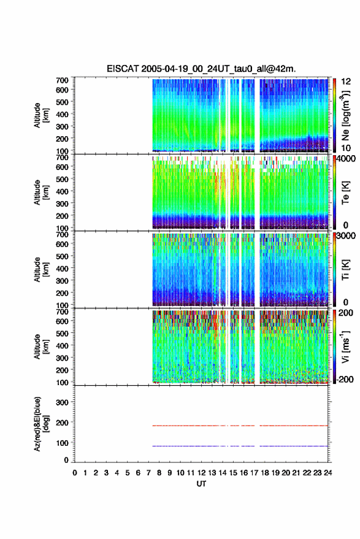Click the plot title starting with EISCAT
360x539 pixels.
coord(201,69)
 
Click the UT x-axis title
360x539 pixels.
coord(201,484)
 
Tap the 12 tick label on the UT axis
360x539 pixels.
coord(202,473)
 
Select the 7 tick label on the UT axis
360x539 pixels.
coord(148,473)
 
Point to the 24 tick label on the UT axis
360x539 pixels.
coord(328,473)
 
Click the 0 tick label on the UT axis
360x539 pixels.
coord(75,473)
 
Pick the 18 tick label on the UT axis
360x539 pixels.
coord(265,473)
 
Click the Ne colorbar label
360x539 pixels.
coord(345,115)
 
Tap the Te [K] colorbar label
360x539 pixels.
coord(345,193)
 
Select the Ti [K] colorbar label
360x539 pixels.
coord(345,270)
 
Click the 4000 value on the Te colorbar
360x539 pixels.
coord(347,159)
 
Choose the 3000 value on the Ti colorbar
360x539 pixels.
coord(347,236)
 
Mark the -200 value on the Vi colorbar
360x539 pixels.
coord(345,379)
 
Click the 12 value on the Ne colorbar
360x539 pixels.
coord(346,81)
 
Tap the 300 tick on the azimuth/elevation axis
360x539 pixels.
coord(62,402)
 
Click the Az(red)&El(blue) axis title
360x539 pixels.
coord(41,424)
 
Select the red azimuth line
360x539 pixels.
coord(240,426)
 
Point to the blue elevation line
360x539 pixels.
coord(240,446)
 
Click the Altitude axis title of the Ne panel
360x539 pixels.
coord(41,115)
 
